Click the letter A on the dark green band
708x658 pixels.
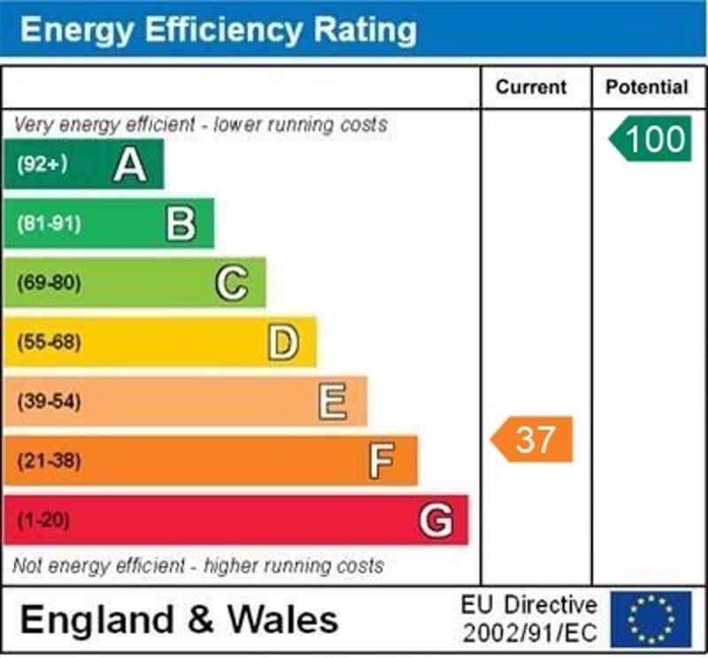point(129,164)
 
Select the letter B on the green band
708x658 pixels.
point(181,224)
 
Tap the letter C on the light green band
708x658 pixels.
point(231,283)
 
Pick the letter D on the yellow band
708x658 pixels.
point(282,342)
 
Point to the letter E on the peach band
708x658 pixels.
point(333,402)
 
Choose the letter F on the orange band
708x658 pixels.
point(382,461)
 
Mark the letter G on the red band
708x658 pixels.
point(435,520)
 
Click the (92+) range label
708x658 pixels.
point(42,164)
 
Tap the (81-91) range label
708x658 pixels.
point(48,224)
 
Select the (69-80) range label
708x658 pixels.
point(48,283)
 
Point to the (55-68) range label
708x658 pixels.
point(48,342)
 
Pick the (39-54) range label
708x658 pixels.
point(48,402)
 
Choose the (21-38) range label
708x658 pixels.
point(48,461)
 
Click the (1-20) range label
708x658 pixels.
point(42,520)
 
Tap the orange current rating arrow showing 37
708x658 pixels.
point(533,440)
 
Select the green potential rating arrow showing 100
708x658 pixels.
point(650,139)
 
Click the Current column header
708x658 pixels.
point(531,88)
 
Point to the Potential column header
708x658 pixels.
point(647,88)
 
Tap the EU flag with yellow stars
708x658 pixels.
point(650,619)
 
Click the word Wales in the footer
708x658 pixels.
point(282,619)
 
